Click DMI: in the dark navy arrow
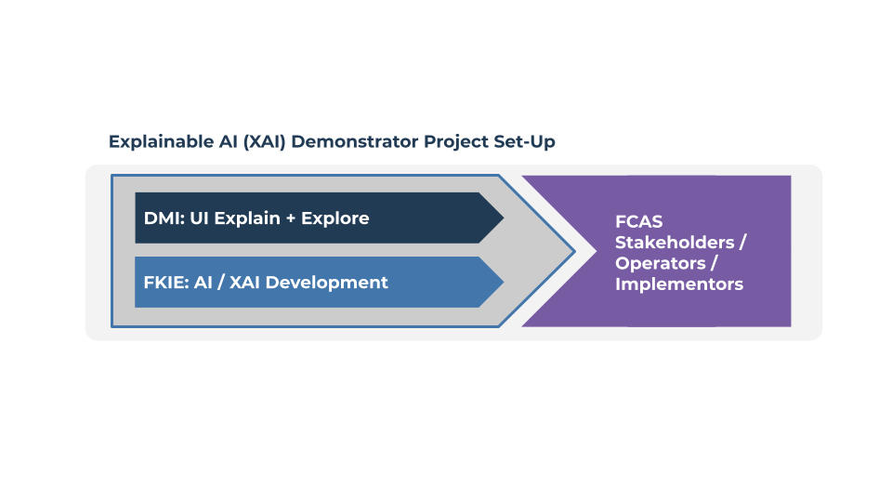click(164, 218)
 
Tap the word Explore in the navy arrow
click(334, 218)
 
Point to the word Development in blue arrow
click(328, 283)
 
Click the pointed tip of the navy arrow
click(502, 218)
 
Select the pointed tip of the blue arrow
click(502, 283)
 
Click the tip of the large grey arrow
click(573, 251)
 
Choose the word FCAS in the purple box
click(639, 222)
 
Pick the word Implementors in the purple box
click(679, 284)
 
